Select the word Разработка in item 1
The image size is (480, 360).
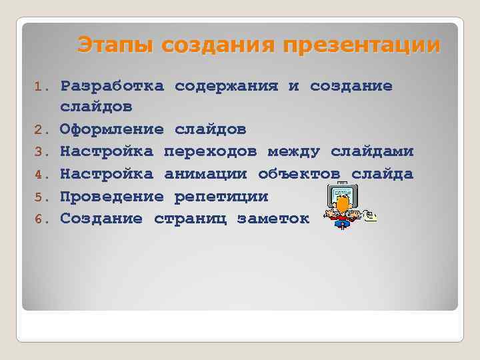tap(112, 86)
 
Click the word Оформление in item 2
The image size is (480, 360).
tap(112, 129)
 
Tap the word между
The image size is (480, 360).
tap(293, 151)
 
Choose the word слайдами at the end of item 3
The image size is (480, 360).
tap(372, 151)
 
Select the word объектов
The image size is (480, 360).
tap(299, 174)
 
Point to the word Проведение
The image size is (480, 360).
tap(112, 197)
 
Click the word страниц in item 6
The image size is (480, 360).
tap(190, 219)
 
